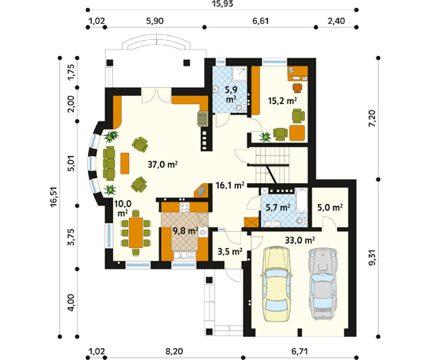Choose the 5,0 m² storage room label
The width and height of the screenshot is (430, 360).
tap(329, 207)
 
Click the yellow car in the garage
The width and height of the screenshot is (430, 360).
tap(275, 282)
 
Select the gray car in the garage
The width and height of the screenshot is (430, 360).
tap(322, 279)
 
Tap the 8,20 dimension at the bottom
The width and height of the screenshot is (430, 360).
tap(167, 350)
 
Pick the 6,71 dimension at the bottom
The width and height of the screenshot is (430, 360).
tap(301, 350)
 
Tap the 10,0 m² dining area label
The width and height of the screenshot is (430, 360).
tap(123, 208)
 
